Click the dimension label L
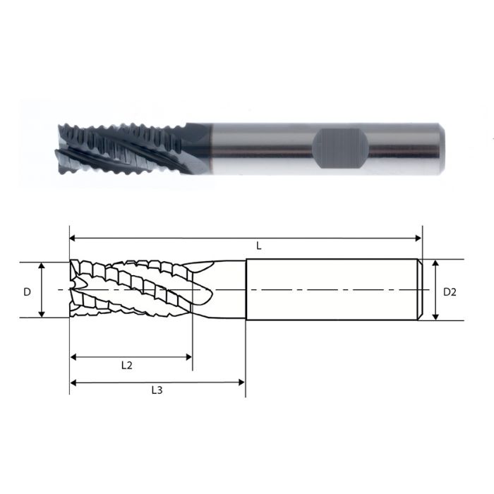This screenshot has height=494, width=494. tap(259, 246)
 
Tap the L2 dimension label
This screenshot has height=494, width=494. tap(127, 366)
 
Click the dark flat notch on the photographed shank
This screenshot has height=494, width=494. tap(339, 149)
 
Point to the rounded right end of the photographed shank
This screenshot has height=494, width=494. tap(441, 148)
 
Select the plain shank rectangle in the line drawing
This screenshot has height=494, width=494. tap(332, 290)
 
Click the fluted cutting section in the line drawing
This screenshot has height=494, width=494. tap(134, 290)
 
